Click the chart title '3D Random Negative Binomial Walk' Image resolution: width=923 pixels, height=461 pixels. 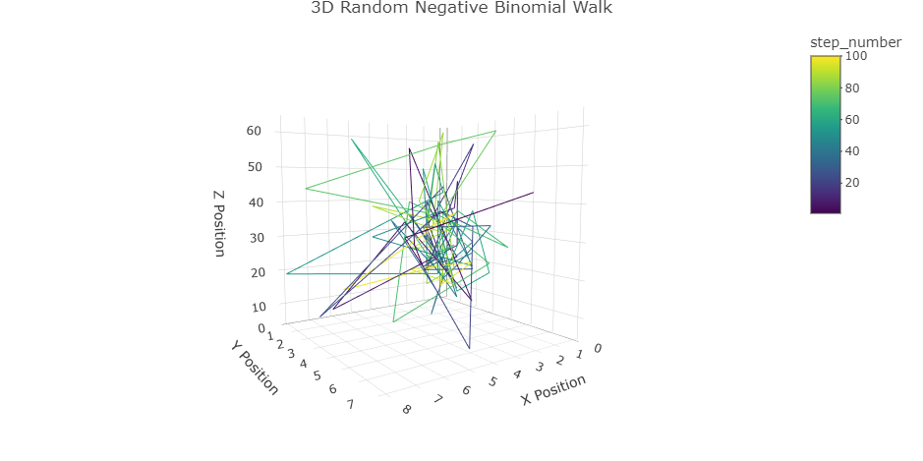pyautogui.click(x=461, y=9)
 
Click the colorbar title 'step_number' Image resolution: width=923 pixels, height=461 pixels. pyautogui.click(x=855, y=41)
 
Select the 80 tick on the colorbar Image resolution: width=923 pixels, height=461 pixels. pyautogui.click(x=853, y=87)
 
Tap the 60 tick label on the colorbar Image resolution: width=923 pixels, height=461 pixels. pyautogui.click(x=853, y=119)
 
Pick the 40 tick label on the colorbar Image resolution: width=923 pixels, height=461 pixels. pyautogui.click(x=853, y=150)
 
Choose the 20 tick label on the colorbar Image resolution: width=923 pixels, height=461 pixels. pyautogui.click(x=853, y=182)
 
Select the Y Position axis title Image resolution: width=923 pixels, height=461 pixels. pyautogui.click(x=255, y=368)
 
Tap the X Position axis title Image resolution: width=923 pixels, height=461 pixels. pyautogui.click(x=553, y=389)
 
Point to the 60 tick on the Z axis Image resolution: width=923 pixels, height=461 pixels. pyautogui.click(x=254, y=131)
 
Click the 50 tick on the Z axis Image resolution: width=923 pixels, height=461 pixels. pyautogui.click(x=255, y=166)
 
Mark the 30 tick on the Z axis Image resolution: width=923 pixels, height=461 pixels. pyautogui.click(x=256, y=238)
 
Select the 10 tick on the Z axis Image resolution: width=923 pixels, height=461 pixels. pyautogui.click(x=258, y=307)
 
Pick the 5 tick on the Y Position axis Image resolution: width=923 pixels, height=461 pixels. pyautogui.click(x=317, y=375)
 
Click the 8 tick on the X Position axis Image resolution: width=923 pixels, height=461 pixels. pyautogui.click(x=406, y=410)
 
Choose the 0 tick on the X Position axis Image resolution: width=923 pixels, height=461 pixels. pyautogui.click(x=597, y=348)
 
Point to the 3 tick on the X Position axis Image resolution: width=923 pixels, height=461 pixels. pyautogui.click(x=539, y=367)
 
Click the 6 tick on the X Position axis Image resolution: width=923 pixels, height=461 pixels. pyautogui.click(x=465, y=391)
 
